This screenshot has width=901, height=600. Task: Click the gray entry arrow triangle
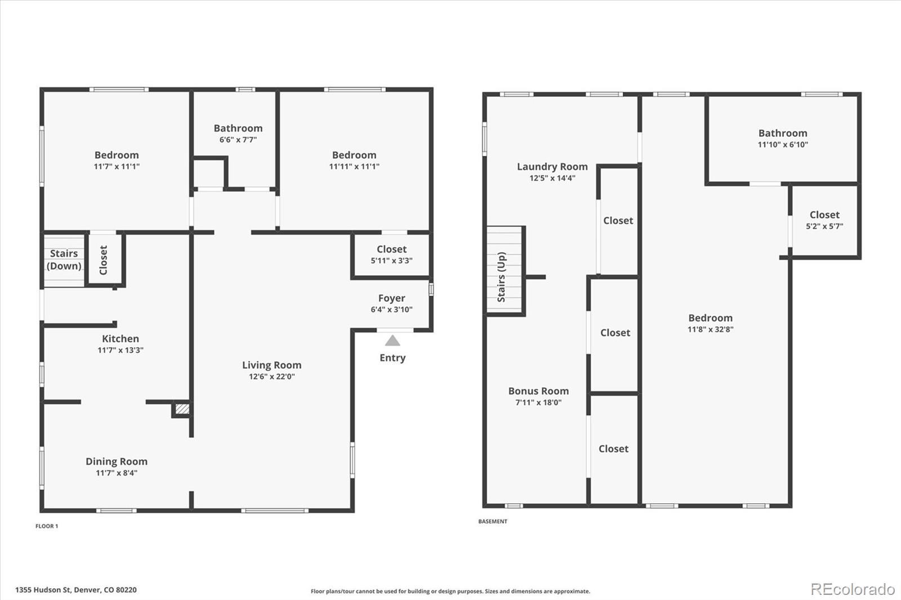tap(392, 341)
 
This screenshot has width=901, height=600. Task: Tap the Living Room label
tap(271, 365)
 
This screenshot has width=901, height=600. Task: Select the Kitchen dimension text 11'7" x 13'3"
tap(121, 350)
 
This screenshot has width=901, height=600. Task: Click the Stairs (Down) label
tap(64, 259)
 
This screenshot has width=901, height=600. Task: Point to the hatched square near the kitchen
tap(182, 409)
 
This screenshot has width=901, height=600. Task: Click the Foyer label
tap(391, 298)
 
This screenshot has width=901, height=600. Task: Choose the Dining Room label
tap(116, 462)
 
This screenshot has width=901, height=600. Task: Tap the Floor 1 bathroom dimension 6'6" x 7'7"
tap(238, 140)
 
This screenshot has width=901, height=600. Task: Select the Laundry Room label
tap(552, 167)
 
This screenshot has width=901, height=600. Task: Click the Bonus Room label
tap(538, 391)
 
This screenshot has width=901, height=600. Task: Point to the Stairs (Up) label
tap(502, 277)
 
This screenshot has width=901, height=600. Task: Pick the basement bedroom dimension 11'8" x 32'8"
tap(710, 329)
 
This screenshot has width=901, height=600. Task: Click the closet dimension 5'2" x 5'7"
tap(824, 226)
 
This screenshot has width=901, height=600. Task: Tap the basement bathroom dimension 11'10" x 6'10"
tap(783, 145)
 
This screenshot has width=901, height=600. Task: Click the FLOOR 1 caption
tap(47, 526)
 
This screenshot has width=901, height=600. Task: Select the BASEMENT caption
tap(493, 522)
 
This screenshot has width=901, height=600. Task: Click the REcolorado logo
tap(853, 589)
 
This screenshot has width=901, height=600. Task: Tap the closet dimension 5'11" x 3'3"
tap(391, 261)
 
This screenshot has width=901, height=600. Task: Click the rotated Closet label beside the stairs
tap(104, 260)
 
